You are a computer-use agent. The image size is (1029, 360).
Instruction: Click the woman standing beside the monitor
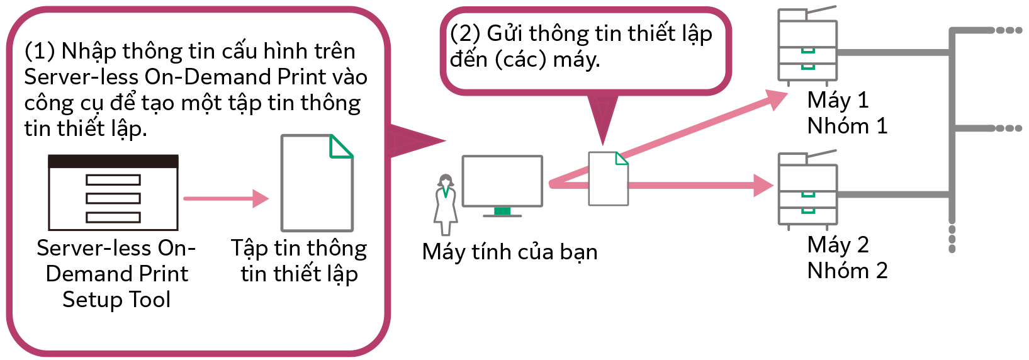[446, 205]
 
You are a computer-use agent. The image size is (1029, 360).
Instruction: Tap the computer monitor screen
[502, 181]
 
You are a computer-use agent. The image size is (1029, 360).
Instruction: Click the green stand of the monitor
[502, 211]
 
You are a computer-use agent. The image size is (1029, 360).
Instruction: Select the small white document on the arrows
[608, 179]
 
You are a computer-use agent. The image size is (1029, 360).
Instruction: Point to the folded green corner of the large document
[340, 147]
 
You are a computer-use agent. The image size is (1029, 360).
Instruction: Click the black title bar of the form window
[113, 161]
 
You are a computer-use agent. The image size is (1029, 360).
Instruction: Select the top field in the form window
[113, 180]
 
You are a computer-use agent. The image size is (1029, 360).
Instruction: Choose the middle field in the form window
[113, 199]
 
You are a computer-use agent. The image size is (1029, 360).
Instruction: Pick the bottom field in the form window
[113, 218]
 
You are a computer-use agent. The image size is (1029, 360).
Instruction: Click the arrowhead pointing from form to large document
[261, 199]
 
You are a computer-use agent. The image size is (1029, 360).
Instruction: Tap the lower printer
[808, 189]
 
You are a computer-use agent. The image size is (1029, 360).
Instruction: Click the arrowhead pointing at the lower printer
[764, 186]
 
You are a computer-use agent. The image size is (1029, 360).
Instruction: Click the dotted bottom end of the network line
[952, 240]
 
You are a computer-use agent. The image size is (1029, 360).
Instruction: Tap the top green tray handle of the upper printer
[808, 51]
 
